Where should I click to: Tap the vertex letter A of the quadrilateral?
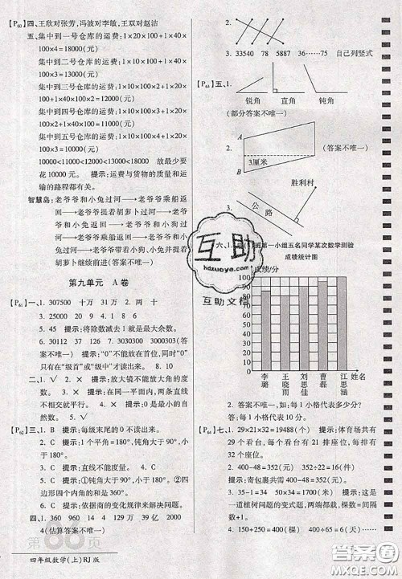click(x=239, y=137)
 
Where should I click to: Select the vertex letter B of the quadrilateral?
click(x=239, y=172)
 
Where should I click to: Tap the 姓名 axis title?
click(x=363, y=376)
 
